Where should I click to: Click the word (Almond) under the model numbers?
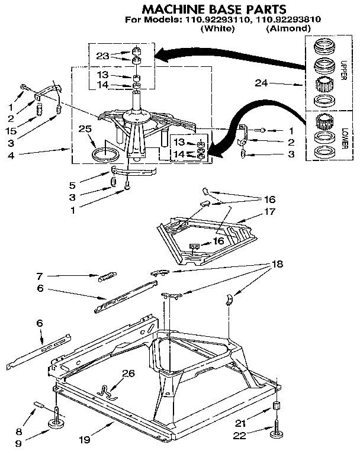[x=288, y=28]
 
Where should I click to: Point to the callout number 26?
[x=128, y=372]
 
